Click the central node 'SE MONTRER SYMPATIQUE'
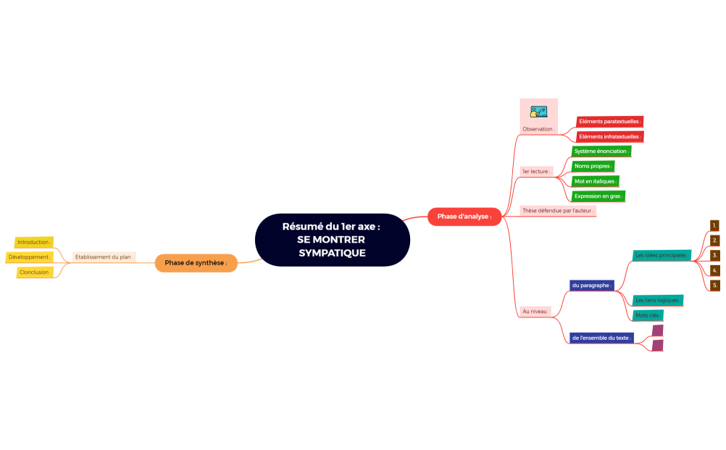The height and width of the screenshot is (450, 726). [x=332, y=240]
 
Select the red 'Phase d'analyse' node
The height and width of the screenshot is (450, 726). [x=464, y=216]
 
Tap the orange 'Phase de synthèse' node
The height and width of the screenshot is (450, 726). [x=196, y=262]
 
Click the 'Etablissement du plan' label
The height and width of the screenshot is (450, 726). [x=104, y=257]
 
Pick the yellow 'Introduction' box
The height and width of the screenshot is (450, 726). [x=34, y=242]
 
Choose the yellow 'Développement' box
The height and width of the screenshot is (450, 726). [x=30, y=257]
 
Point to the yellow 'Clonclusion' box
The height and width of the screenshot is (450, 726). [x=35, y=272]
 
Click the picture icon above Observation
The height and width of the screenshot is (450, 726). [x=538, y=112]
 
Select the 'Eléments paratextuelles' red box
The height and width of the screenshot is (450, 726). [x=610, y=121]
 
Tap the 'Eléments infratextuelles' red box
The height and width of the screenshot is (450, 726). [x=610, y=136]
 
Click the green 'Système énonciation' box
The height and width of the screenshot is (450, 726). [x=601, y=151]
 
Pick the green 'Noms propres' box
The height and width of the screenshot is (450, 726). [x=593, y=166]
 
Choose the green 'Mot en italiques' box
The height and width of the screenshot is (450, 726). [x=595, y=181]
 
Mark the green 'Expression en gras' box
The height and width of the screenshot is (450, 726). [x=598, y=196]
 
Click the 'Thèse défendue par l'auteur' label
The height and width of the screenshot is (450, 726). [x=557, y=211]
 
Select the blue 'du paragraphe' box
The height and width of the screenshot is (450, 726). [x=591, y=286]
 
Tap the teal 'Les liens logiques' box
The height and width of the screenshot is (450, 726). [x=658, y=300]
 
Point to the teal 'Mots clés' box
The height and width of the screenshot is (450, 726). [x=648, y=315]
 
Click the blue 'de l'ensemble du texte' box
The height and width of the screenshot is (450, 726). [x=601, y=338]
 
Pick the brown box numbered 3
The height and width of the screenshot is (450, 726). [x=715, y=255]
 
